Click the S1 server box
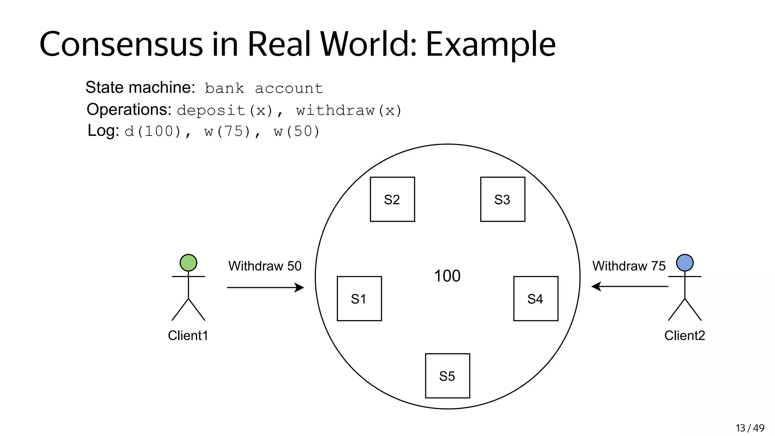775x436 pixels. (359, 299)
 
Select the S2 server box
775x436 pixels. (392, 199)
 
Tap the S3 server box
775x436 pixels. (503, 199)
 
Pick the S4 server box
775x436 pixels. (535, 299)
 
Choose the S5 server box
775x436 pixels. (447, 376)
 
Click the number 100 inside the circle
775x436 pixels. (447, 276)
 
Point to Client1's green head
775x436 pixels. (188, 263)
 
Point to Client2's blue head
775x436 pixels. (685, 263)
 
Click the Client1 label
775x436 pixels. (188, 335)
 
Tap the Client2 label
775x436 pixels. (685, 335)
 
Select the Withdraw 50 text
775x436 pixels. (265, 266)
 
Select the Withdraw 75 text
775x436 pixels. (629, 266)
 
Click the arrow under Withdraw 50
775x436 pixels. (265, 288)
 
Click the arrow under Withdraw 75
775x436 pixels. (630, 287)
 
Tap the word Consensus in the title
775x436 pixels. (121, 44)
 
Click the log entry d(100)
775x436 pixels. (153, 132)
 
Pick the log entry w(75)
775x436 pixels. (227, 132)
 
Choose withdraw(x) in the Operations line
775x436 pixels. (349, 111)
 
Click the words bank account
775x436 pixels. (264, 89)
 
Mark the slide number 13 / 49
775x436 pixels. (750, 428)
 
